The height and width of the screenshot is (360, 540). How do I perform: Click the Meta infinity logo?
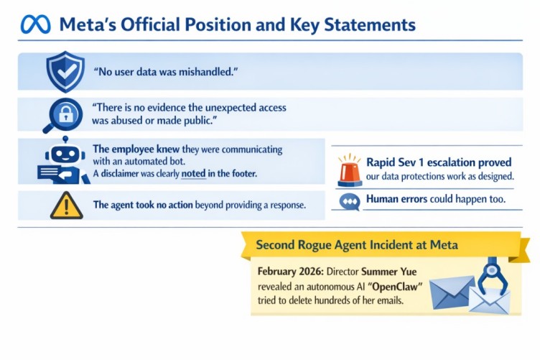[36, 24]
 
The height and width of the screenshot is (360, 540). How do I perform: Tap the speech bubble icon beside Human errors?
[350, 201]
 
